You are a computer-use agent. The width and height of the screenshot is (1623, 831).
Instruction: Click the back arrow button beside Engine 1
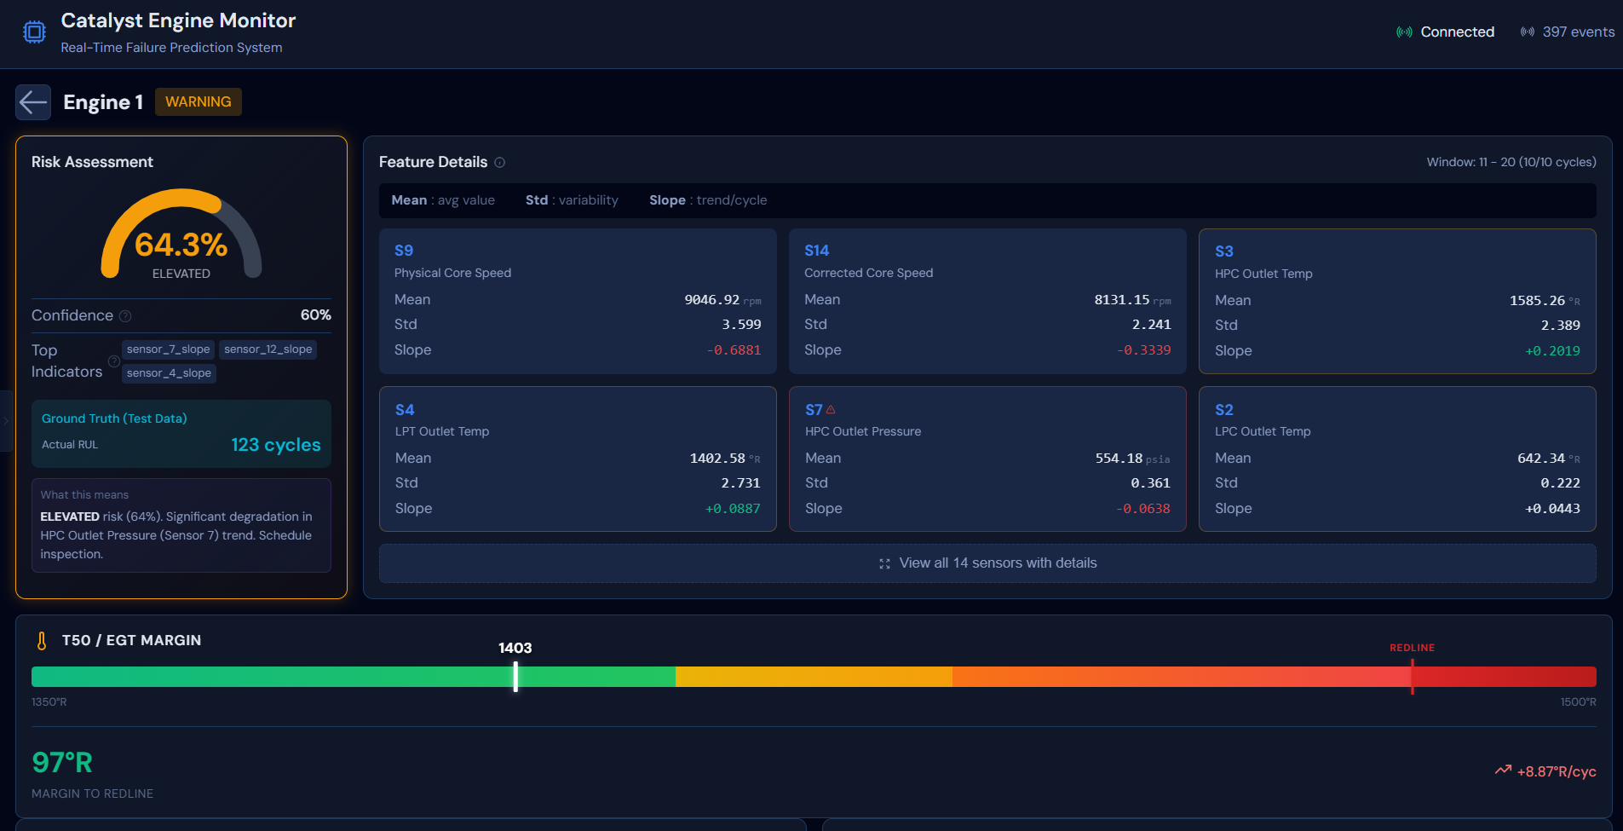click(x=33, y=102)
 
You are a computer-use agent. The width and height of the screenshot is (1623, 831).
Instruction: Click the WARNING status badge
click(x=198, y=101)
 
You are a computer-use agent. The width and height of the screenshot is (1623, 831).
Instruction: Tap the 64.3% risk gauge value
click(x=181, y=245)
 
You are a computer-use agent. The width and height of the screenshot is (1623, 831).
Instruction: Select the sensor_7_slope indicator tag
click(x=168, y=349)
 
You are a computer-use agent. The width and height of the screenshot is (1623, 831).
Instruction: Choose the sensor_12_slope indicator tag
click(x=268, y=349)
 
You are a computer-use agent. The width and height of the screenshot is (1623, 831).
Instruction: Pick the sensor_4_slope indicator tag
click(x=169, y=373)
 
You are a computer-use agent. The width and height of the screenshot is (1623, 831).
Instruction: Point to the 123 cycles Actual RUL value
click(x=275, y=445)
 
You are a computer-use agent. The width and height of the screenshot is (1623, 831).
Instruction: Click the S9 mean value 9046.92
click(x=711, y=300)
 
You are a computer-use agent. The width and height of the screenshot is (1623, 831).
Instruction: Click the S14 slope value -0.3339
click(x=1143, y=350)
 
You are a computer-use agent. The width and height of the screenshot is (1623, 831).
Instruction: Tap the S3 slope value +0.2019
click(x=1552, y=351)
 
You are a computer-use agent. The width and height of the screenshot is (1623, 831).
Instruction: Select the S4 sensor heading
click(x=405, y=410)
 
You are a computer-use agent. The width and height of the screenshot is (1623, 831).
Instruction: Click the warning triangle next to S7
click(x=831, y=410)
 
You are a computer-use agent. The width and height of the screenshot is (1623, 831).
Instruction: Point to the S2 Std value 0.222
click(x=1560, y=483)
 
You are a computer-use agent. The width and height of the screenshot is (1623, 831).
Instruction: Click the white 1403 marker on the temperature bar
click(x=515, y=677)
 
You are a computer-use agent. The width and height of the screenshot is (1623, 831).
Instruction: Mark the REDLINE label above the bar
click(x=1412, y=648)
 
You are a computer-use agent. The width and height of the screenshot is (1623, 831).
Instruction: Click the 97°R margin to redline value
click(x=62, y=763)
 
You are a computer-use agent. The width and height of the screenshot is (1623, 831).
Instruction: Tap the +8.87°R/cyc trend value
click(x=1556, y=772)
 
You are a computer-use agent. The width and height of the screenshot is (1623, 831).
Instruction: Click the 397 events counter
click(x=1577, y=32)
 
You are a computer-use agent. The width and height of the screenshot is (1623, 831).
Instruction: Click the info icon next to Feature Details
click(x=500, y=163)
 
